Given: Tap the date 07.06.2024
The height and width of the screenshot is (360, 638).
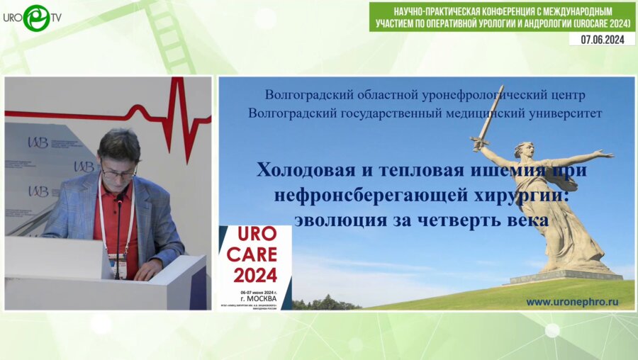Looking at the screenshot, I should [601, 40].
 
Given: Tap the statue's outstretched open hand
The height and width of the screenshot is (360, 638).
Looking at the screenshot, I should [603, 153].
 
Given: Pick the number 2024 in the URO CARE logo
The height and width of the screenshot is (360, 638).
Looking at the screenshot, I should [254, 275].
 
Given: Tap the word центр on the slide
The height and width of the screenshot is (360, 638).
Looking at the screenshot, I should [568, 94].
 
